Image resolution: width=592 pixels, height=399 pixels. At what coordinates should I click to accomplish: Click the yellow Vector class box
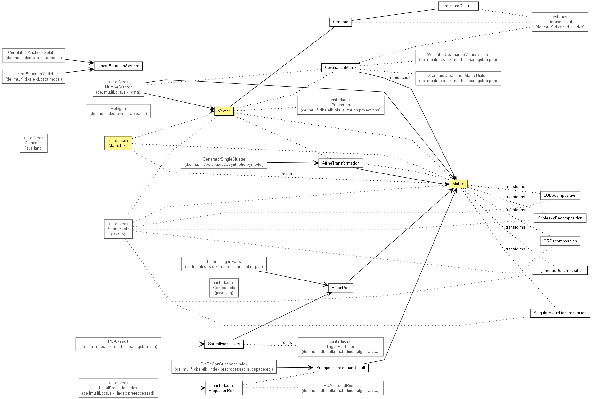224,111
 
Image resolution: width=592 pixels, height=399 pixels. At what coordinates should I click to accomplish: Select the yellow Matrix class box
458,184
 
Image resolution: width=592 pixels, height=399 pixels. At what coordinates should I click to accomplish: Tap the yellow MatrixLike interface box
118,143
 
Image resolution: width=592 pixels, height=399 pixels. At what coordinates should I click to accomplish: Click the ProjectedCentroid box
458,6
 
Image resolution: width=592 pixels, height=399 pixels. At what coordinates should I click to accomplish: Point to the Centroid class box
341,22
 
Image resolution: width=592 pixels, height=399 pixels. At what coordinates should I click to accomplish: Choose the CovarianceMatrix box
341,68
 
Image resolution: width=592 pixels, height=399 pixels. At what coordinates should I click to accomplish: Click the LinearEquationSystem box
118,66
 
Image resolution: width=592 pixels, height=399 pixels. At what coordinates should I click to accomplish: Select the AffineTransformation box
341,163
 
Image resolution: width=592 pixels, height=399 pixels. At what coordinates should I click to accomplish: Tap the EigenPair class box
341,288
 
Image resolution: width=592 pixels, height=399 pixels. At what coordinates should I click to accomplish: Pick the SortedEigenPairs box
224,344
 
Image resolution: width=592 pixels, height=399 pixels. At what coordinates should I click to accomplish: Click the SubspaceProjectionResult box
341,368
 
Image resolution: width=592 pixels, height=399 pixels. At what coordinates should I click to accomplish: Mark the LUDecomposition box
560,196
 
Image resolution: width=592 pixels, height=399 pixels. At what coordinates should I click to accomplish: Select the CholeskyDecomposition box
560,218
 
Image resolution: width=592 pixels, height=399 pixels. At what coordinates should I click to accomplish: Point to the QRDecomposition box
560,241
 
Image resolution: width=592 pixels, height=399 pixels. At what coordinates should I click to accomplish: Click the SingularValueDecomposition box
560,313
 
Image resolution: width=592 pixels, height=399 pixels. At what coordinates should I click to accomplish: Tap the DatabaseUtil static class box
560,22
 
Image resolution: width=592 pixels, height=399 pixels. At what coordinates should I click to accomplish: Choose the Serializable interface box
118,229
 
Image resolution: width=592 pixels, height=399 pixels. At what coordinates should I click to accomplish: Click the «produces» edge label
400,78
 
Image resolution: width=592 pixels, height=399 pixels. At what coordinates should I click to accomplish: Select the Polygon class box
118,111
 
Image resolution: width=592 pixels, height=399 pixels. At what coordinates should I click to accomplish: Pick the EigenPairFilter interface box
341,347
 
